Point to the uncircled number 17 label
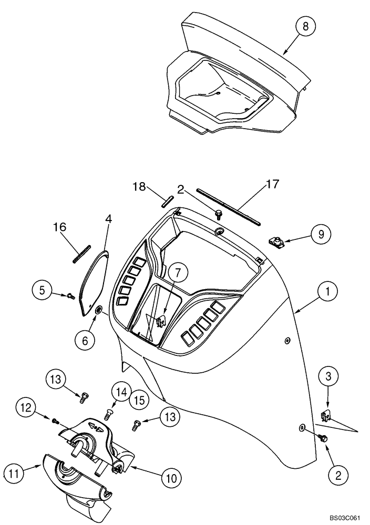[x=272, y=184]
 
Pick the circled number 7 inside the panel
[x=178, y=272]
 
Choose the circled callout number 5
[x=44, y=289]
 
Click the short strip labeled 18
[x=167, y=201]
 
